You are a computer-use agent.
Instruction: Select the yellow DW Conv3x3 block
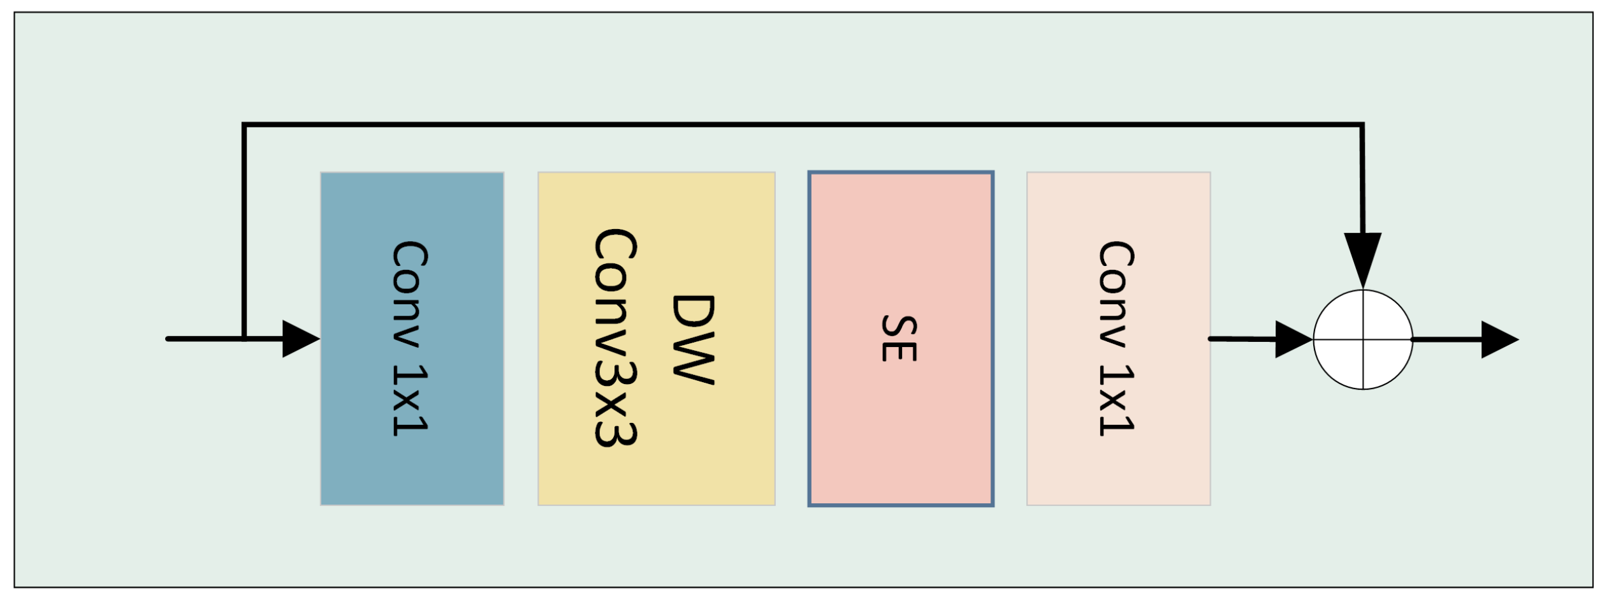click(656, 472)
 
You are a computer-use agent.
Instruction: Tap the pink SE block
click(900, 434)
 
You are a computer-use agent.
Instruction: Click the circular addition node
click(1362, 339)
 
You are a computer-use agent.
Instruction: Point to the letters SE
click(899, 339)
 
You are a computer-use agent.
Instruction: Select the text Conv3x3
click(615, 338)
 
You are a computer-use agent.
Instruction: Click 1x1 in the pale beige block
click(1116, 400)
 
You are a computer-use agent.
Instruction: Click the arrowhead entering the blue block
click(300, 339)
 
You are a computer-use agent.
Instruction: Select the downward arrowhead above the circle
click(1362, 258)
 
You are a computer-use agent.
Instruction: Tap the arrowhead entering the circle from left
click(1292, 339)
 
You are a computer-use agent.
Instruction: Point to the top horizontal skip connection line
click(797, 125)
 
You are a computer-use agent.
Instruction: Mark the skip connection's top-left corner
click(244, 125)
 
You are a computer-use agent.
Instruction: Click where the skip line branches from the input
click(244, 338)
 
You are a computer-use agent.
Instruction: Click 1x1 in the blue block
click(409, 400)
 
